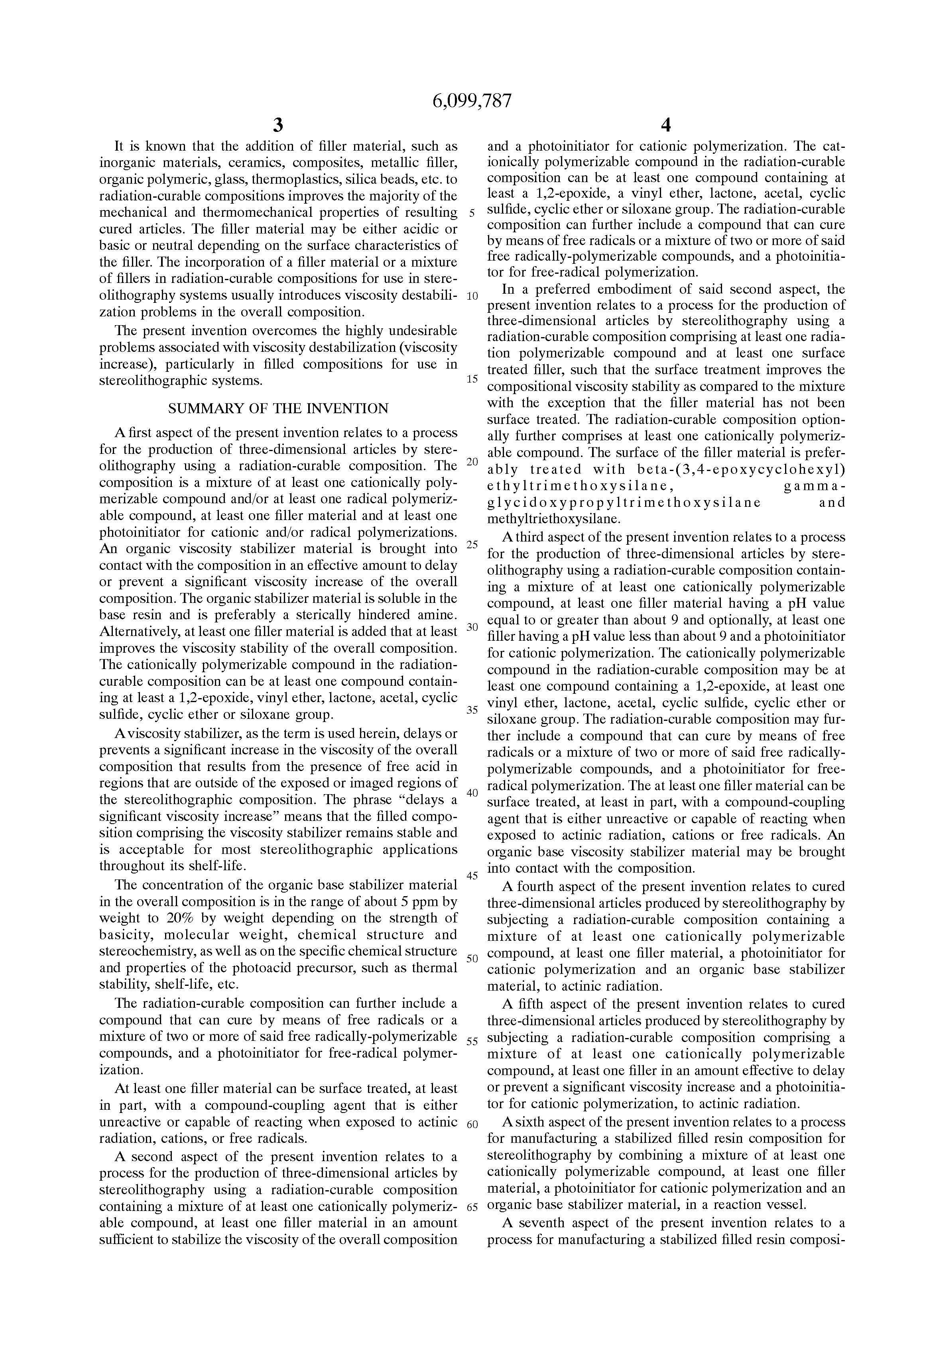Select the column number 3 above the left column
coord(278,125)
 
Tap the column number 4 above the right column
coord(665,125)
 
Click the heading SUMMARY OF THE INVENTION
coord(278,408)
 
